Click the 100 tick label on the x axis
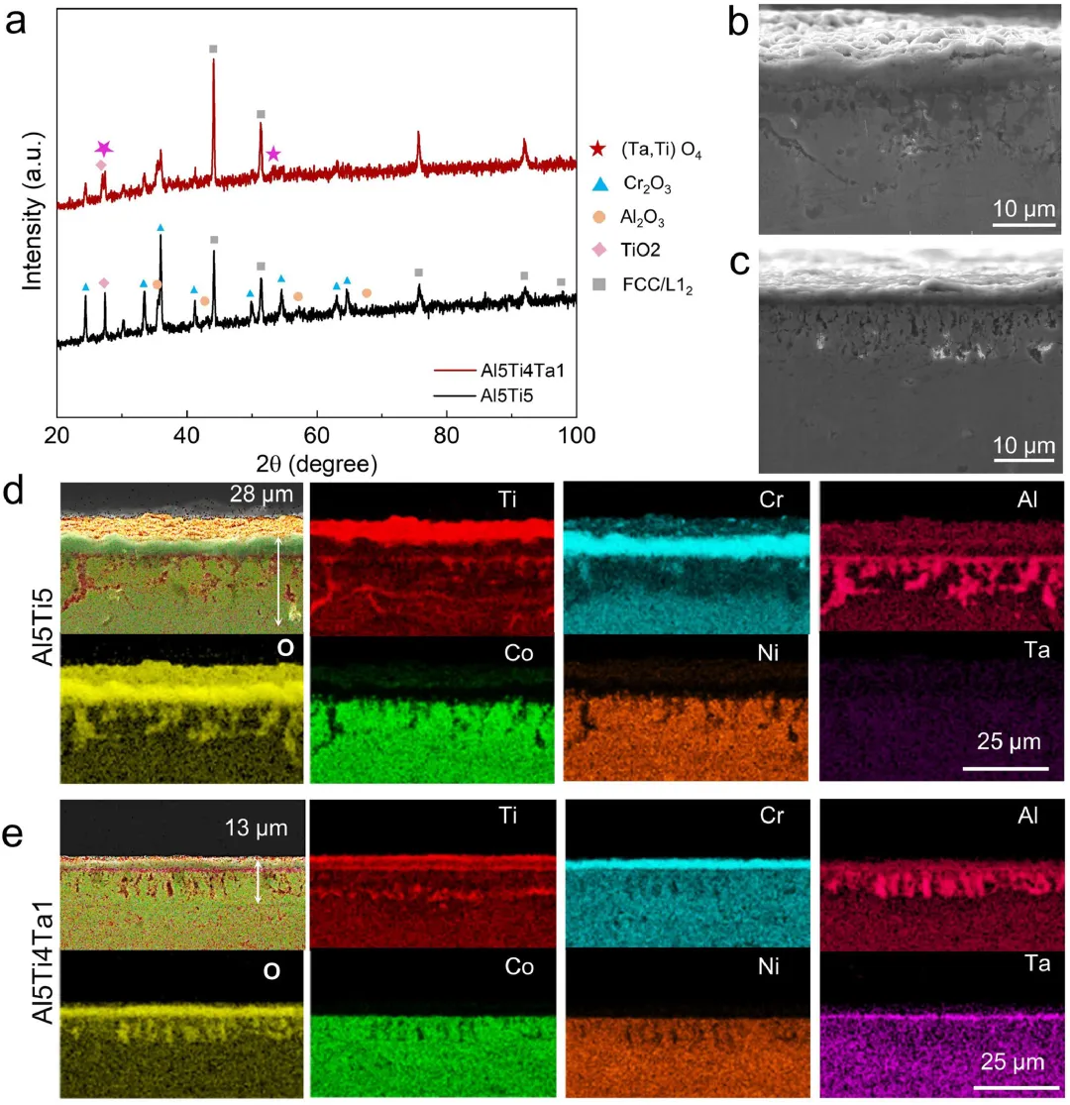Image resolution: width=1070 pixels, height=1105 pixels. (576, 435)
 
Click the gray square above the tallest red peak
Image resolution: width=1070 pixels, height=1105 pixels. (213, 49)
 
